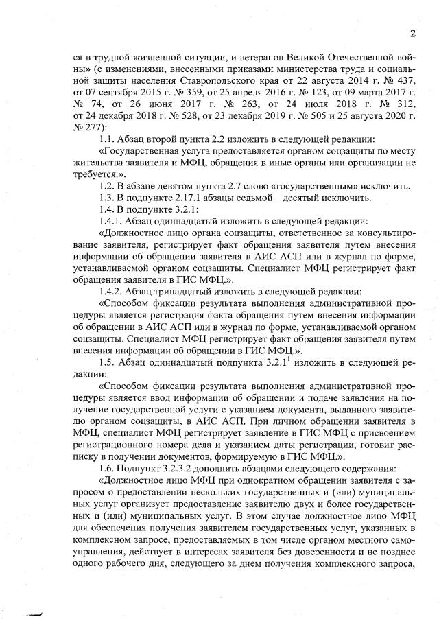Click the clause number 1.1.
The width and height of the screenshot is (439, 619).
pyautogui.click(x=108, y=139)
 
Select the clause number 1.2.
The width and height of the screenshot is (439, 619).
pyautogui.click(x=108, y=186)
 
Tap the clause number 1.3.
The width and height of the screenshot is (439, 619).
pyautogui.click(x=108, y=198)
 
